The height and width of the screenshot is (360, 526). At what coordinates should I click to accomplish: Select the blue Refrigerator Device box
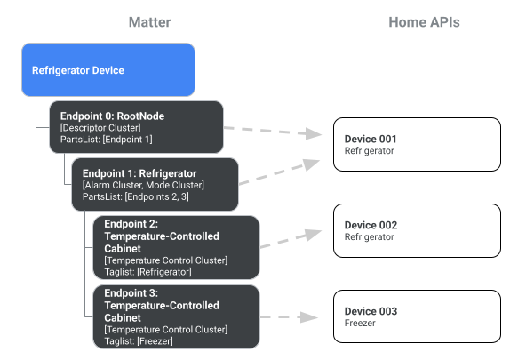click(108, 69)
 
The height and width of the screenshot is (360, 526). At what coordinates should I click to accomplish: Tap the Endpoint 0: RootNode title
click(112, 116)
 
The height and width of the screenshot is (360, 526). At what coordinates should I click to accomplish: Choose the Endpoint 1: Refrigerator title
click(139, 173)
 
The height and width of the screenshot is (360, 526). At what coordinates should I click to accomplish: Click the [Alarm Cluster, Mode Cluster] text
click(143, 185)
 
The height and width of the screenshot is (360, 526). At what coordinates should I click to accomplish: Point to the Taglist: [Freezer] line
click(138, 340)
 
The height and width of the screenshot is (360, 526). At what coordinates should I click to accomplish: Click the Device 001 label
click(370, 140)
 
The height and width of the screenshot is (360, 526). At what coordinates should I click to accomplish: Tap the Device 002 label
click(370, 226)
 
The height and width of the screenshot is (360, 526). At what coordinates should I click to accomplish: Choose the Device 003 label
click(370, 312)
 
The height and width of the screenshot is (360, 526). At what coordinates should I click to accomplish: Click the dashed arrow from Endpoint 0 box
click(271, 132)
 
